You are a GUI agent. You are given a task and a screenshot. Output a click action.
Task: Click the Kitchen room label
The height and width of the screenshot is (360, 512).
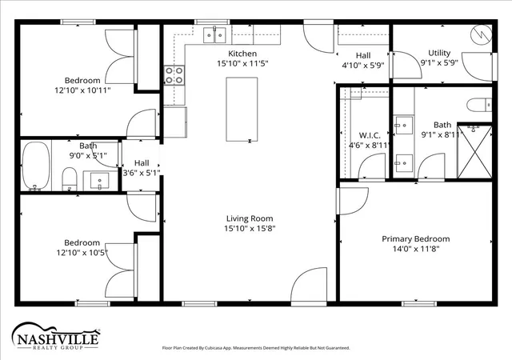tap(242, 54)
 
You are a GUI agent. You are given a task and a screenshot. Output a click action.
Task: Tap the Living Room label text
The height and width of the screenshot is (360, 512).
tap(250, 218)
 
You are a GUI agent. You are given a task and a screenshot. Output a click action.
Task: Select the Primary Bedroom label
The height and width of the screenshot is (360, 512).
tap(416, 239)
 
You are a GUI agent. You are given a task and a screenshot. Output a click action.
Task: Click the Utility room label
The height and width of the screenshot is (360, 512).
tap(439, 53)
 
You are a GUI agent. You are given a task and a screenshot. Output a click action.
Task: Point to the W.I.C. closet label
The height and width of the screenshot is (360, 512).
tap(370, 135)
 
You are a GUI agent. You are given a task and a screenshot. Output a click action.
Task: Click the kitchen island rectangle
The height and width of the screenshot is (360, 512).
tap(242, 109)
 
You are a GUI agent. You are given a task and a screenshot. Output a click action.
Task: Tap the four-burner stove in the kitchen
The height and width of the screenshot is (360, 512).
tap(174, 75)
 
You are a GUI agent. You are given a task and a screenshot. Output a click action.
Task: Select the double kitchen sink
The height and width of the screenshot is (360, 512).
tap(214, 35)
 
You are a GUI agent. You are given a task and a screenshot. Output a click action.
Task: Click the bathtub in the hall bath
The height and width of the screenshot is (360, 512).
tap(36, 166)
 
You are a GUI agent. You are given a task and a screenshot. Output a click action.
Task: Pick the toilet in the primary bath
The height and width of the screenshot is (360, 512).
tap(479, 105)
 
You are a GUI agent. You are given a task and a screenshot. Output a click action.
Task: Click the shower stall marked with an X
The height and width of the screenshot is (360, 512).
tap(474, 152)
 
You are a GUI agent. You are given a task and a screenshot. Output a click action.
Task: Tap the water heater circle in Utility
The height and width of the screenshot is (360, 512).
tap(481, 34)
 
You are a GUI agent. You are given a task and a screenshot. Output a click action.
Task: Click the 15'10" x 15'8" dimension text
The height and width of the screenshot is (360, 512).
tap(250, 228)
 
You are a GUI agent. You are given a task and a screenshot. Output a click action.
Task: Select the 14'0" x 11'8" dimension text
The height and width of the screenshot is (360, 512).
tap(416, 249)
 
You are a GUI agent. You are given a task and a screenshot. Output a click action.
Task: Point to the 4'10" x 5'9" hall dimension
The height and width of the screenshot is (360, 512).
tap(363, 66)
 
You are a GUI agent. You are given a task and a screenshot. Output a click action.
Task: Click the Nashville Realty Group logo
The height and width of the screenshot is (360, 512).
tap(55, 337)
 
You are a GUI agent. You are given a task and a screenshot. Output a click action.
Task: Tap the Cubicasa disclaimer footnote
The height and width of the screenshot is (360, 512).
tap(256, 348)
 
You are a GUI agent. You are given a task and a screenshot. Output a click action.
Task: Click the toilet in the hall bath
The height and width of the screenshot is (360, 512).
tap(70, 179)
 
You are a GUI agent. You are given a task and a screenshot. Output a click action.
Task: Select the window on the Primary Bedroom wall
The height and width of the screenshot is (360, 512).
tap(419, 304)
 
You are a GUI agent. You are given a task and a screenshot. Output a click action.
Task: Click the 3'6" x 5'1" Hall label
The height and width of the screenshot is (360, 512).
tap(142, 168)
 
